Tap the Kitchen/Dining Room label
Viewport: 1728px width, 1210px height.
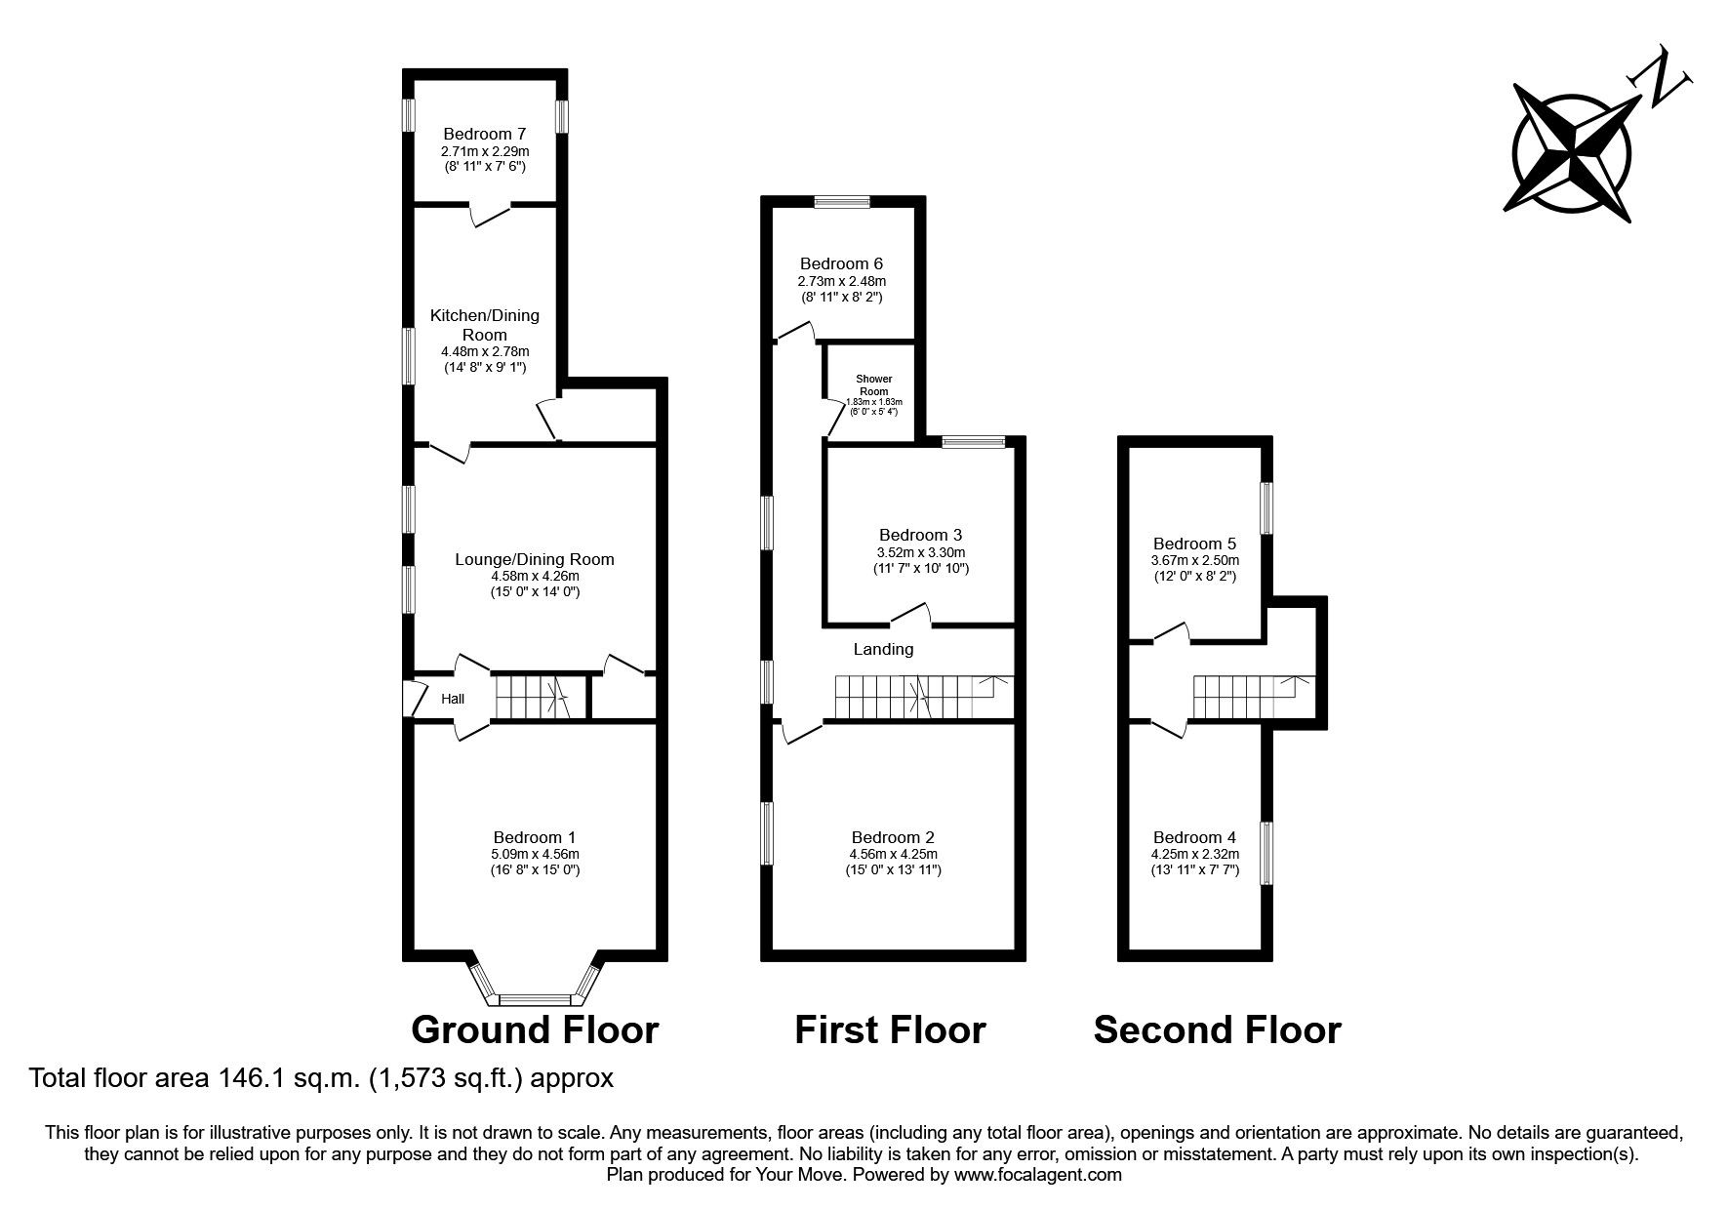point(484,325)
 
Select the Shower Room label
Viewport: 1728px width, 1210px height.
point(873,384)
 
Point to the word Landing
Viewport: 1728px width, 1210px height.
point(883,649)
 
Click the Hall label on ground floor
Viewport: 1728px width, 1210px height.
point(453,699)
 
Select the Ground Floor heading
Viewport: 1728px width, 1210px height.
point(535,1029)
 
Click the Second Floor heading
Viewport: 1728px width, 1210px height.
point(1217,1029)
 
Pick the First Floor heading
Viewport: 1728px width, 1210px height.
point(890,1029)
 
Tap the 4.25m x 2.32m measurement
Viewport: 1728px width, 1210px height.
point(1194,854)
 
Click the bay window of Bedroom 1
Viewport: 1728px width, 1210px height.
point(535,999)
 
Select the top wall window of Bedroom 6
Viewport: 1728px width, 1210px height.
point(843,202)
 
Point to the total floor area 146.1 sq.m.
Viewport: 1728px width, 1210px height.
point(322,1078)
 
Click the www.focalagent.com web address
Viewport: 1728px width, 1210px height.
point(1037,1175)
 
